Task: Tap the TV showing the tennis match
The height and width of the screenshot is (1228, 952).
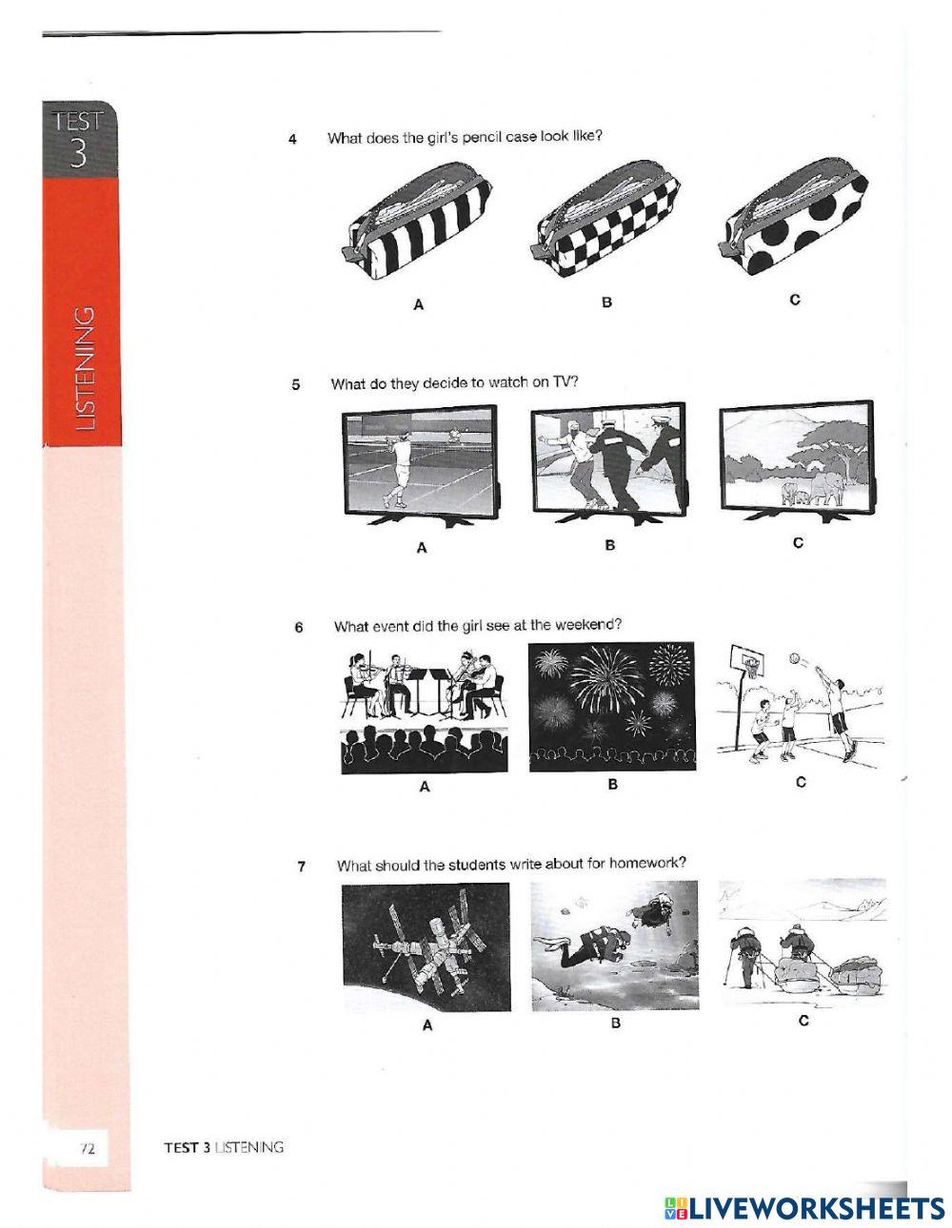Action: (422, 466)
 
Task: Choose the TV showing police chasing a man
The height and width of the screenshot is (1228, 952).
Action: (609, 463)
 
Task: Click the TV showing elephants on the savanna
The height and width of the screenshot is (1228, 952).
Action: (797, 461)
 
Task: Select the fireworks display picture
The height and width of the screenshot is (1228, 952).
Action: (612, 707)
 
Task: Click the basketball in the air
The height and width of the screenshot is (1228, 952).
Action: (794, 658)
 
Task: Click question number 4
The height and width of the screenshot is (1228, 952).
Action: (292, 139)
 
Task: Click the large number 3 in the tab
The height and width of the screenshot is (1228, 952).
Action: (79, 152)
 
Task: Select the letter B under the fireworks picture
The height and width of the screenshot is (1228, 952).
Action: (612, 785)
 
